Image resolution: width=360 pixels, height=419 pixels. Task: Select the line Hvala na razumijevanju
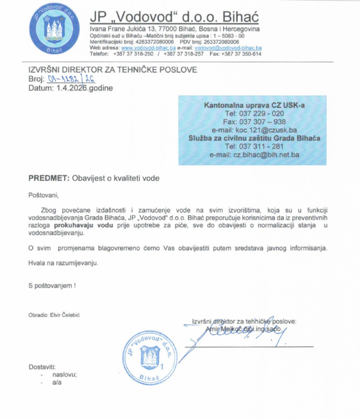(x=63, y=262)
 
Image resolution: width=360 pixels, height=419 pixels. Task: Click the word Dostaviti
(x=43, y=367)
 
